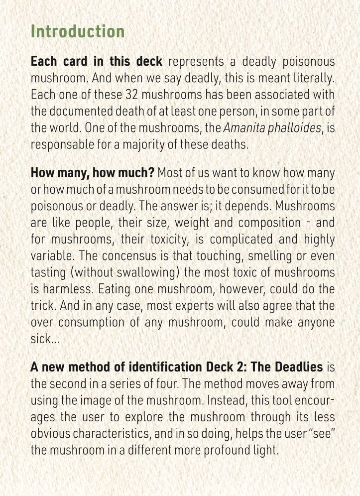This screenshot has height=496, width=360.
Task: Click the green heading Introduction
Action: tap(78, 32)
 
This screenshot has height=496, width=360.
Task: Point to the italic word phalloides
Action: tap(296, 127)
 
